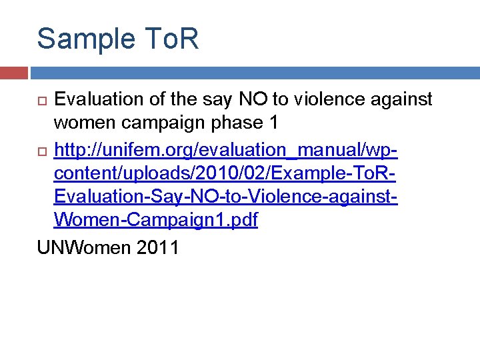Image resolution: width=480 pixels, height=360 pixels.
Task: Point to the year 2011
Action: (157, 247)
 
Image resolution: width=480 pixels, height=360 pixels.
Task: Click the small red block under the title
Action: (13, 72)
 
